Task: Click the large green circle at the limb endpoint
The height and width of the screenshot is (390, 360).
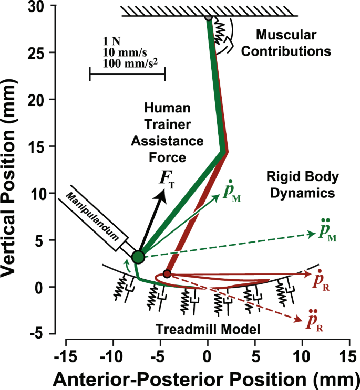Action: pyautogui.click(x=138, y=257)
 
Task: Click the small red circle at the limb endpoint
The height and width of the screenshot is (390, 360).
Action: pyautogui.click(x=167, y=273)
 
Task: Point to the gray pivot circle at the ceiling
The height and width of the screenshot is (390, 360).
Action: pyautogui.click(x=209, y=17)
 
